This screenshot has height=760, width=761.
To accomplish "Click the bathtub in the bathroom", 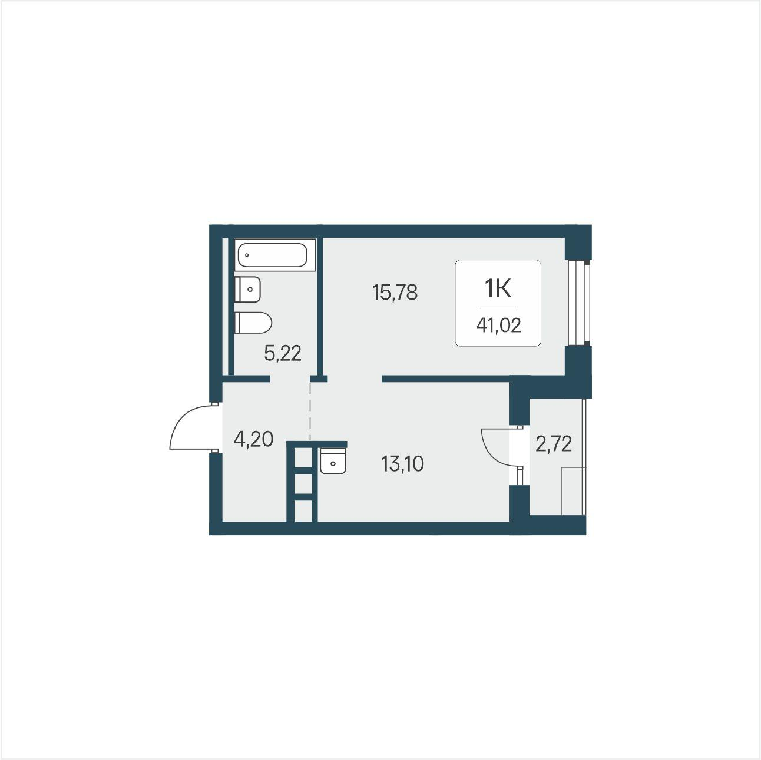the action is [275, 255].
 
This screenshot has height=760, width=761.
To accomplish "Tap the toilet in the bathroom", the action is [253, 323].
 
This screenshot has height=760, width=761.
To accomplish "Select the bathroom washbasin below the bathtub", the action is [247, 290].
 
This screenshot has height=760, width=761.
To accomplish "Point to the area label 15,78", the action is [395, 293].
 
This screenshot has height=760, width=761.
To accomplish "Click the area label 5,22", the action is [283, 353].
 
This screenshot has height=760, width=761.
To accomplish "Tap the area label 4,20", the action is [253, 439].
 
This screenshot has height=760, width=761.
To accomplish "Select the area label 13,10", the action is [402, 463].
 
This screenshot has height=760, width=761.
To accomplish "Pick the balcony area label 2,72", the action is [554, 444].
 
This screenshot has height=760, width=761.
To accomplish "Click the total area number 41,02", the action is [498, 326].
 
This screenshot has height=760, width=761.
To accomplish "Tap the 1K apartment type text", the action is [498, 288].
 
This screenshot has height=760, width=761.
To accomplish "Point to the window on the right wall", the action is [579, 303].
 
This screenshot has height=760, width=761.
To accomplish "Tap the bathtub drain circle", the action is [247, 255].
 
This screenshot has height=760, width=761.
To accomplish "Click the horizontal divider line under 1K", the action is [498, 307].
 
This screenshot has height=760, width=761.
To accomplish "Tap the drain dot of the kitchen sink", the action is [333, 463].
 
